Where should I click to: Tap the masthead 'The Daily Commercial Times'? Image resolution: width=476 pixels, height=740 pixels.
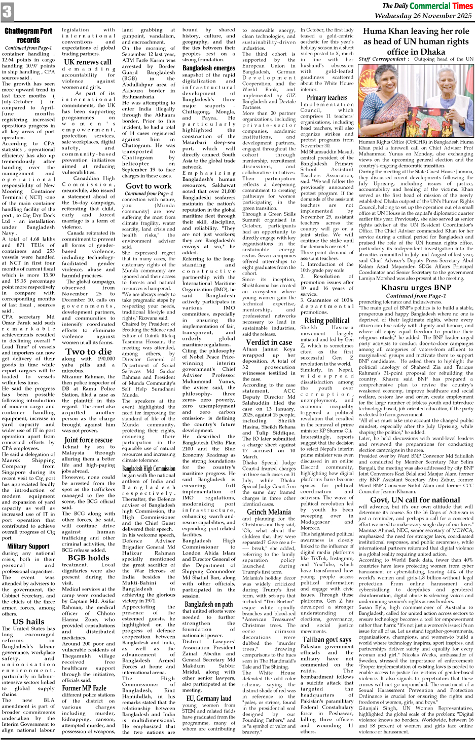[x=427, y=6]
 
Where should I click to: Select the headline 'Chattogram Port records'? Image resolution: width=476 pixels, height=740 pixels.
[x=28, y=35]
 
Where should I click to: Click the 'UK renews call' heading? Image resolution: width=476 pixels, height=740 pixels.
[x=88, y=62]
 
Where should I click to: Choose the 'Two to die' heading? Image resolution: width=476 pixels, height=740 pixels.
[x=88, y=351]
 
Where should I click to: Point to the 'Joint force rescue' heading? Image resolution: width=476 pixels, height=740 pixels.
[x=88, y=440]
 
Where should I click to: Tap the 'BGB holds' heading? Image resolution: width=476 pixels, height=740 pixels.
[x=88, y=557]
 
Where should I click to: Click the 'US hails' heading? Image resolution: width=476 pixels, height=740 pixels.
[x=28, y=621]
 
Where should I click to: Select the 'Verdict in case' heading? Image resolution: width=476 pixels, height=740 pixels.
[x=269, y=342]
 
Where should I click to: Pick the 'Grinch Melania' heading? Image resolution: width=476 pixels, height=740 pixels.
[x=269, y=512]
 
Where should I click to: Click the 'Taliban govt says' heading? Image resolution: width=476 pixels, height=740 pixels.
[x=326, y=639]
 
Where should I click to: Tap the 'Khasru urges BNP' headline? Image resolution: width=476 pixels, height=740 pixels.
[x=416, y=288]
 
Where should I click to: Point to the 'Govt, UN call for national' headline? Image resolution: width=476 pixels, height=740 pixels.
[x=416, y=499]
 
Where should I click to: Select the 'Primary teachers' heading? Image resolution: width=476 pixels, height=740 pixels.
[x=326, y=98]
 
